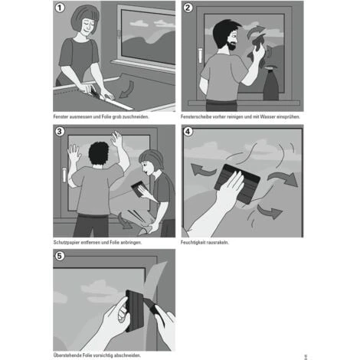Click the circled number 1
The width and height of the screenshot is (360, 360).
pyautogui.click(x=60, y=8)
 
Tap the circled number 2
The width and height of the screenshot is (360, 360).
pyautogui.click(x=188, y=8)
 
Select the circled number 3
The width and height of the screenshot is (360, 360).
pyautogui.click(x=60, y=132)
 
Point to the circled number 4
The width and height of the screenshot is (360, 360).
pyautogui.click(x=188, y=132)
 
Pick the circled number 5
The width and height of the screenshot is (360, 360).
pyautogui.click(x=60, y=256)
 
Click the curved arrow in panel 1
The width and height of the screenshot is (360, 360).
pyautogui.click(x=127, y=90)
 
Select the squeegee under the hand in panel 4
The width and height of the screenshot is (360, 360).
pyautogui.click(x=237, y=183)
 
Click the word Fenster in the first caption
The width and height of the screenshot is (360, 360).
pyautogui.click(x=61, y=116)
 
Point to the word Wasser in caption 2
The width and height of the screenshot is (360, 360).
pyautogui.click(x=268, y=116)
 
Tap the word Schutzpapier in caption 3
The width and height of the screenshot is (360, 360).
pyautogui.click(x=67, y=242)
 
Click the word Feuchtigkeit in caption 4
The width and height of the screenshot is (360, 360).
pyautogui.click(x=193, y=242)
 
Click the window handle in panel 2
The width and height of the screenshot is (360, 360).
pyautogui.click(x=200, y=55)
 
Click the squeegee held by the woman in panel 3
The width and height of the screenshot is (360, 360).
pyautogui.click(x=139, y=188)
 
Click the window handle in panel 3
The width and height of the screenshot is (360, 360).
pyautogui.click(x=64, y=175)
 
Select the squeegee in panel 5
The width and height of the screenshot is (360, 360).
pyautogui.click(x=135, y=311)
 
